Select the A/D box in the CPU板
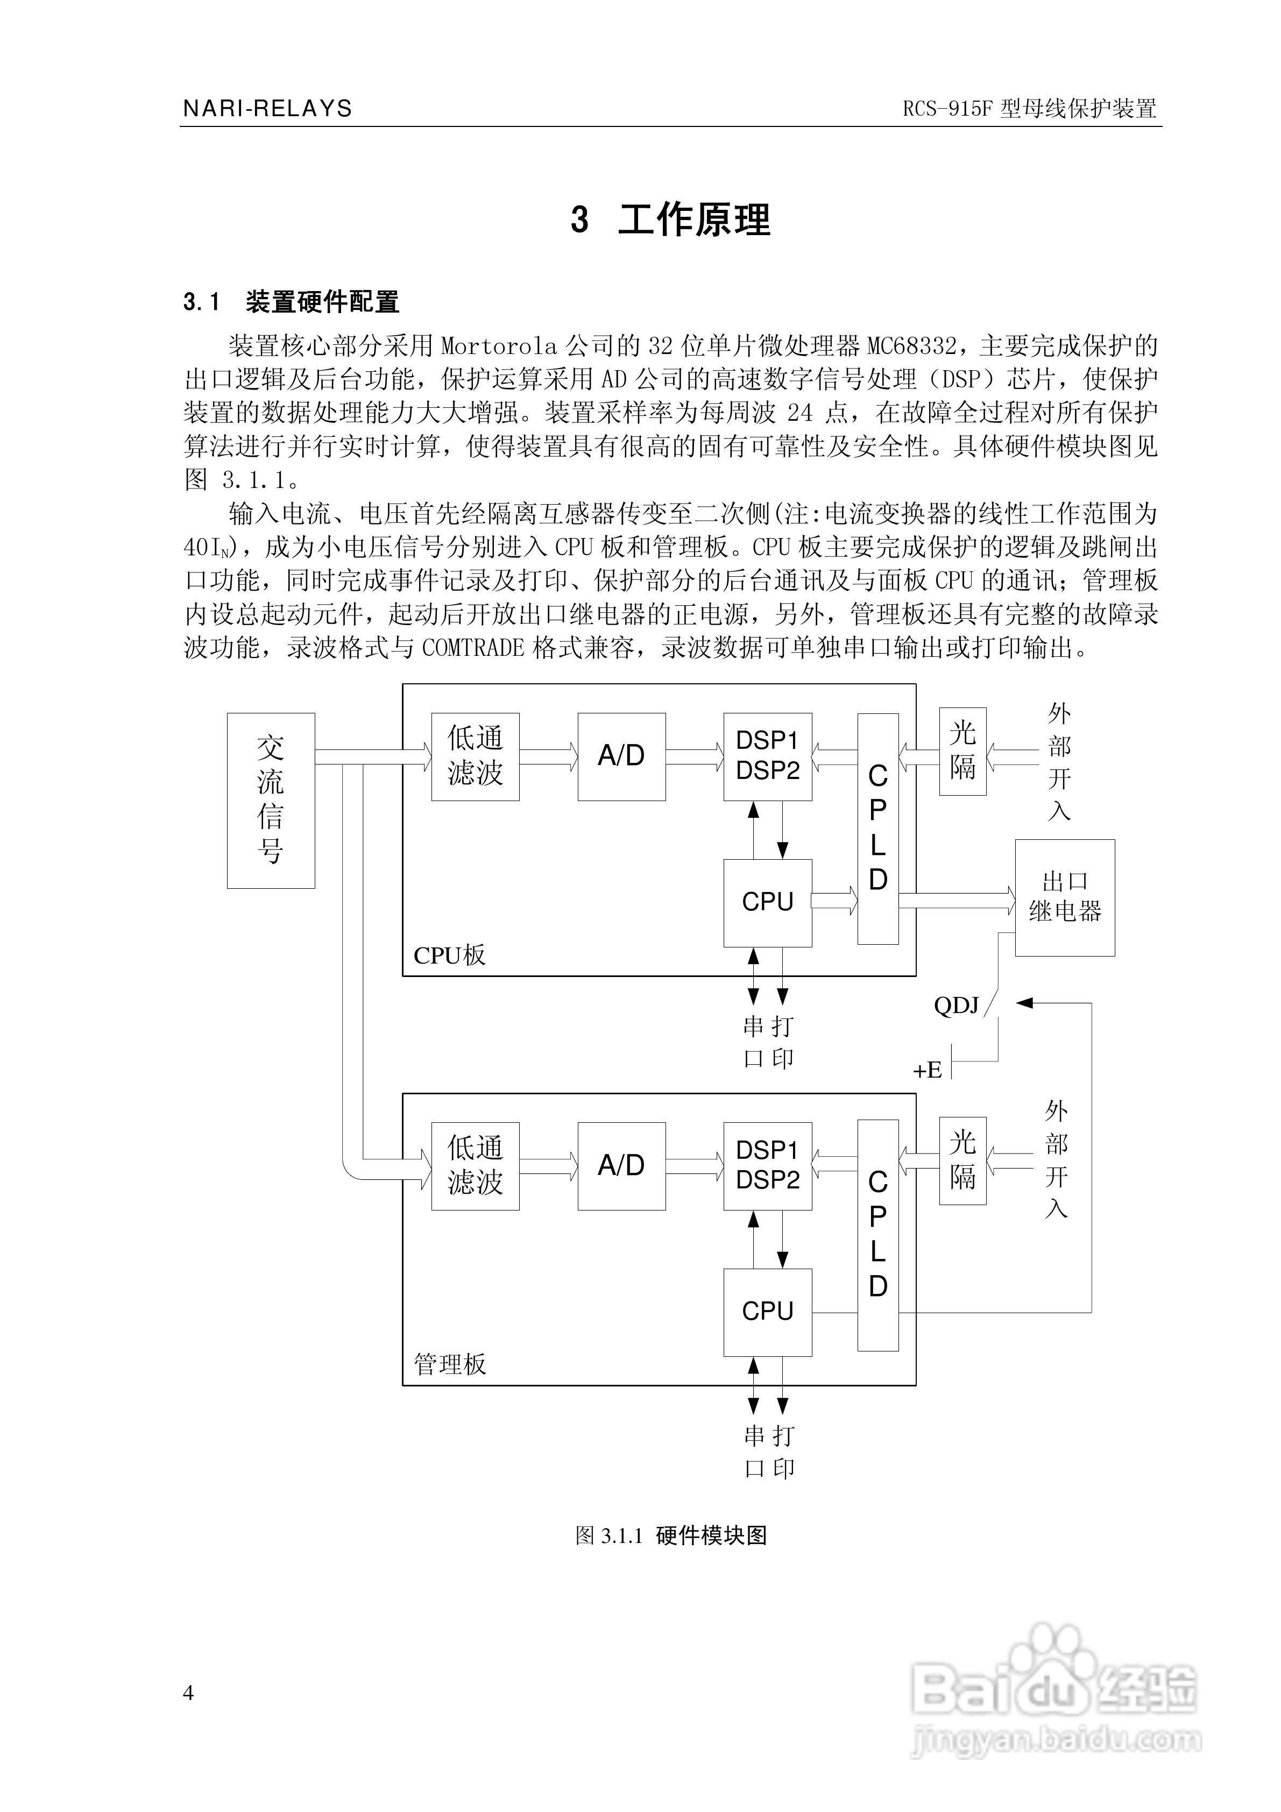(x=621, y=756)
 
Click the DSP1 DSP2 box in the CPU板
(x=767, y=756)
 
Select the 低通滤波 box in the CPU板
(x=475, y=756)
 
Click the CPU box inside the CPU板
(x=767, y=902)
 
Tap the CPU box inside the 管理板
(x=767, y=1312)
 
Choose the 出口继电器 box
(x=1064, y=897)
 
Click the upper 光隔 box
(x=962, y=751)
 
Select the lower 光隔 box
(x=962, y=1160)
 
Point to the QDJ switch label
(x=956, y=1006)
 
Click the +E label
(x=928, y=1070)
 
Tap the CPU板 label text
(x=449, y=955)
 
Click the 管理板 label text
(x=450, y=1364)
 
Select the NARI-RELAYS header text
(x=267, y=108)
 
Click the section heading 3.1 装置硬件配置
(x=291, y=301)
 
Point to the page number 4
(x=188, y=1692)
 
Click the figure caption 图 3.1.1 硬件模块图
(x=671, y=1531)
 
